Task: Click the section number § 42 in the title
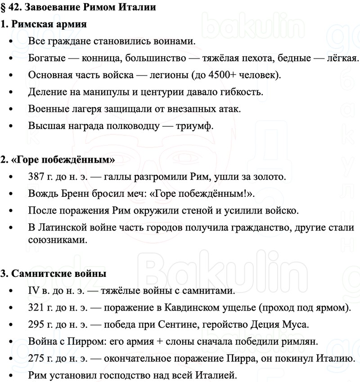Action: tap(11, 7)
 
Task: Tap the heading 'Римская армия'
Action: tap(49, 24)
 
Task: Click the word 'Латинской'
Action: tap(66, 227)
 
